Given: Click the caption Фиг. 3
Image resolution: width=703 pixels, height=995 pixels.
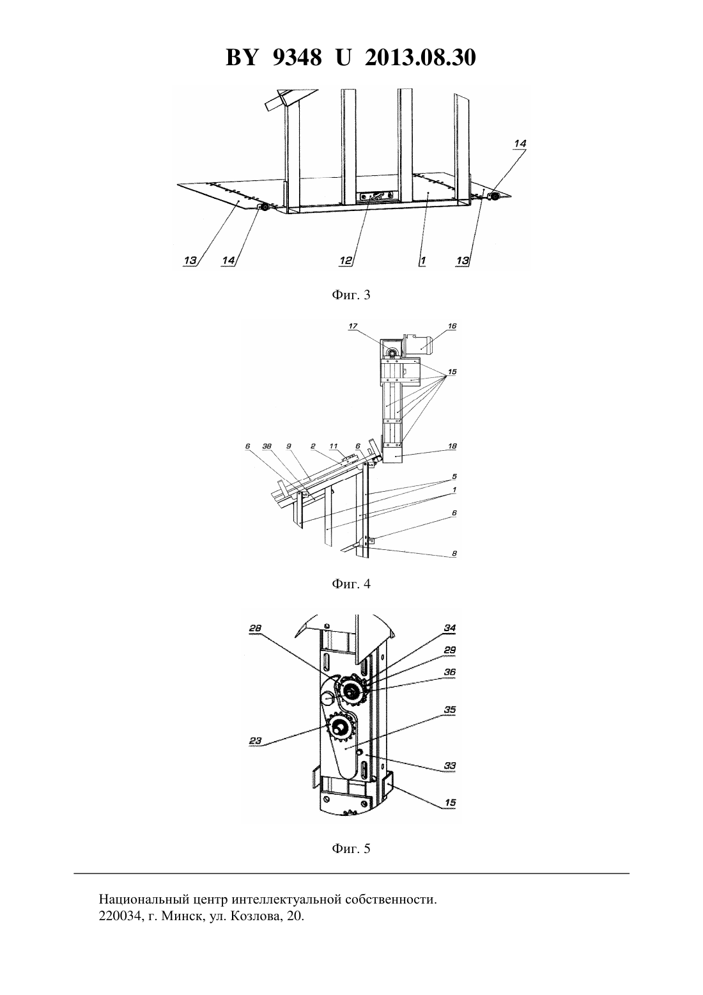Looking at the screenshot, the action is coord(351,295).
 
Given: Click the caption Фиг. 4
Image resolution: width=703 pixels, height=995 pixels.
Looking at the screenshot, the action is coord(351,584).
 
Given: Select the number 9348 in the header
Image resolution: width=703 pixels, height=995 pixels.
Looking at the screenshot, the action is coord(297,58).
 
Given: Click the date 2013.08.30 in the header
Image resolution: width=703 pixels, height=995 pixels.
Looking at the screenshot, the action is coord(421,58).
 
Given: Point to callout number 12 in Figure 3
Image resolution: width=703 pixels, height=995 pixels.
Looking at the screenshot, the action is coord(346,261).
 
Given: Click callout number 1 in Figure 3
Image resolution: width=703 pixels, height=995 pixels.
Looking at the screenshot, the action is coord(422,261).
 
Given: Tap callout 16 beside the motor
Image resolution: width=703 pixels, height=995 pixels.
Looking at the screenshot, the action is coord(452,326).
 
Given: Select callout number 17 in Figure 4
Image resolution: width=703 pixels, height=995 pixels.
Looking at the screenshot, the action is coord(353,326).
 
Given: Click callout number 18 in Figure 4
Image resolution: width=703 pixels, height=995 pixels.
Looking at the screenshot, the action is coord(452,446).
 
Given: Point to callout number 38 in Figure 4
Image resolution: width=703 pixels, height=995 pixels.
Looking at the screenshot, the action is coord(267,446).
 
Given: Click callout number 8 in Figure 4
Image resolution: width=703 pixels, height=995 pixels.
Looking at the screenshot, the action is coord(454,554).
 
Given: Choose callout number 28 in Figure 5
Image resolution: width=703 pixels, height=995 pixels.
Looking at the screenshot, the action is coord(255,628).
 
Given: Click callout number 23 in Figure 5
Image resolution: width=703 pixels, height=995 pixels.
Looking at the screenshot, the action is coord(256,740).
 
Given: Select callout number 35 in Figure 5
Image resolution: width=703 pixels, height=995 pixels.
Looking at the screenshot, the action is coord(450,710).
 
